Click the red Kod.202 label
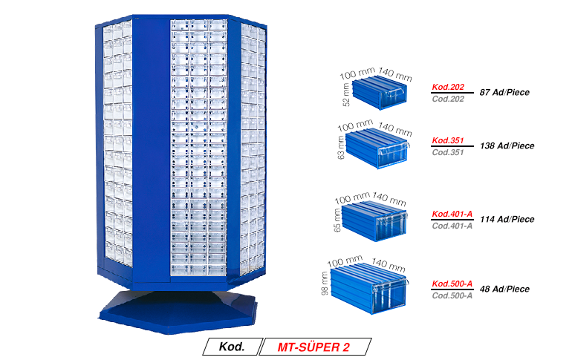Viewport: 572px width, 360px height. [448, 87]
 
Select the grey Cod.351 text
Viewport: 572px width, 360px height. [448, 152]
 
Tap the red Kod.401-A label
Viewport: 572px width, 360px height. [452, 214]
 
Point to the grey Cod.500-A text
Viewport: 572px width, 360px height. [452, 295]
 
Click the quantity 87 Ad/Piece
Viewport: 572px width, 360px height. [504, 93]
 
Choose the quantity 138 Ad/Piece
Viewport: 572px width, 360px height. [507, 145]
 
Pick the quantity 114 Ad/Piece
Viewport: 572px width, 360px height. [507, 220]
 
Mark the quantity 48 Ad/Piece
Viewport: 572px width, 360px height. [504, 289]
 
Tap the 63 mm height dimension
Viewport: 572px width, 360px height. [341, 148]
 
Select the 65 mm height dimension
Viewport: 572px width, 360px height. [337, 220]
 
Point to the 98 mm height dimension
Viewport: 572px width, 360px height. [325, 283]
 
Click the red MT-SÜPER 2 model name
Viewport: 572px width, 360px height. [313, 347]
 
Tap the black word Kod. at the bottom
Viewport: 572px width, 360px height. [232, 347]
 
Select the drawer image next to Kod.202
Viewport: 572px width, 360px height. [380, 93]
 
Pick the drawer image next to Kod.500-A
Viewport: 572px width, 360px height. [368, 288]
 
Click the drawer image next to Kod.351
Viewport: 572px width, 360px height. [377, 148]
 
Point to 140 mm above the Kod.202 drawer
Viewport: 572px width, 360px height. [395, 74]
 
